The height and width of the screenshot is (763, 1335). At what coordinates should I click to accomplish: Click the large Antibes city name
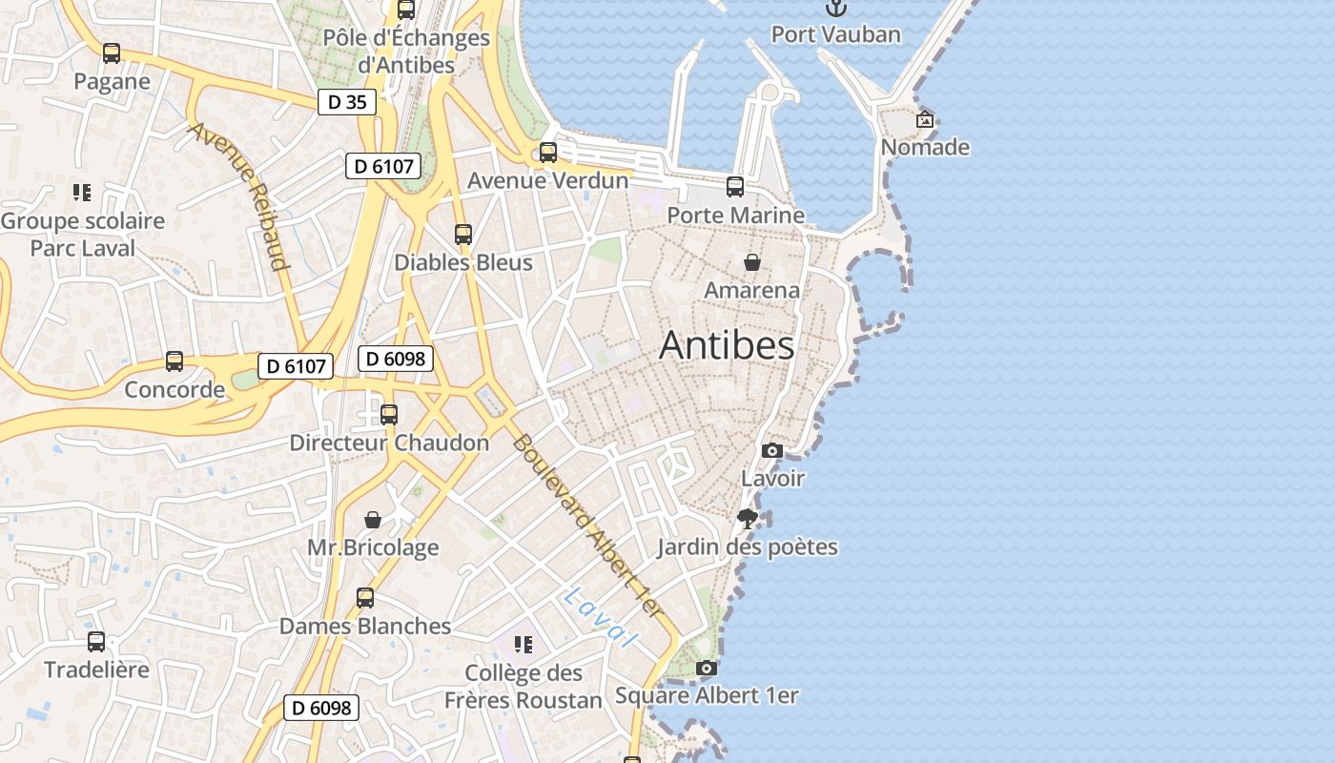[x=727, y=345]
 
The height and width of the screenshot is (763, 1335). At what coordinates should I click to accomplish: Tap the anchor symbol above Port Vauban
[x=835, y=9]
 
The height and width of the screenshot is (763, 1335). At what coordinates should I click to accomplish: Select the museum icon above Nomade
[x=924, y=120]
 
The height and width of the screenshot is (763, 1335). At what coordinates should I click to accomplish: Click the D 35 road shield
[x=347, y=102]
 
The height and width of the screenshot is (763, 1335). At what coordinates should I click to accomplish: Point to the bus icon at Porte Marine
[x=735, y=187]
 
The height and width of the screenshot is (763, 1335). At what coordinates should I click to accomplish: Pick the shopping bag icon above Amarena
[x=752, y=262]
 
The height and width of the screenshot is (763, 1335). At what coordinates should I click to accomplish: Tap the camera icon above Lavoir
[x=772, y=451]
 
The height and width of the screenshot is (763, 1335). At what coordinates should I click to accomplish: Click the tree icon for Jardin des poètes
[x=748, y=519]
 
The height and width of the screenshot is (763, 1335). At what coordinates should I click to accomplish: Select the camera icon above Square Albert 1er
[x=706, y=669]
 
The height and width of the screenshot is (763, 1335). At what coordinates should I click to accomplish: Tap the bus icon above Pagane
[x=112, y=53]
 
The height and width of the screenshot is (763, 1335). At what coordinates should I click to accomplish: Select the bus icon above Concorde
[x=175, y=361]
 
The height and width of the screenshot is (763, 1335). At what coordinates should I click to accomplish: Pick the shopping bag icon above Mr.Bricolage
[x=373, y=520]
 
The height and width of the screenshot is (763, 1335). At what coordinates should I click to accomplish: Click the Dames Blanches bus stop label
[x=365, y=627]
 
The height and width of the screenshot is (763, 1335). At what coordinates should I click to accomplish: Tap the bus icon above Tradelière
[x=96, y=642]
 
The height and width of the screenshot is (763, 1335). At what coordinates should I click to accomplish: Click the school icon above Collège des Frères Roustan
[x=523, y=646]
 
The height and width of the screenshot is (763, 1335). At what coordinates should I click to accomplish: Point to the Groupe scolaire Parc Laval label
[x=83, y=235]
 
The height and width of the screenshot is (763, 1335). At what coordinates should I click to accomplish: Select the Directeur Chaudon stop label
[x=389, y=443]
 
